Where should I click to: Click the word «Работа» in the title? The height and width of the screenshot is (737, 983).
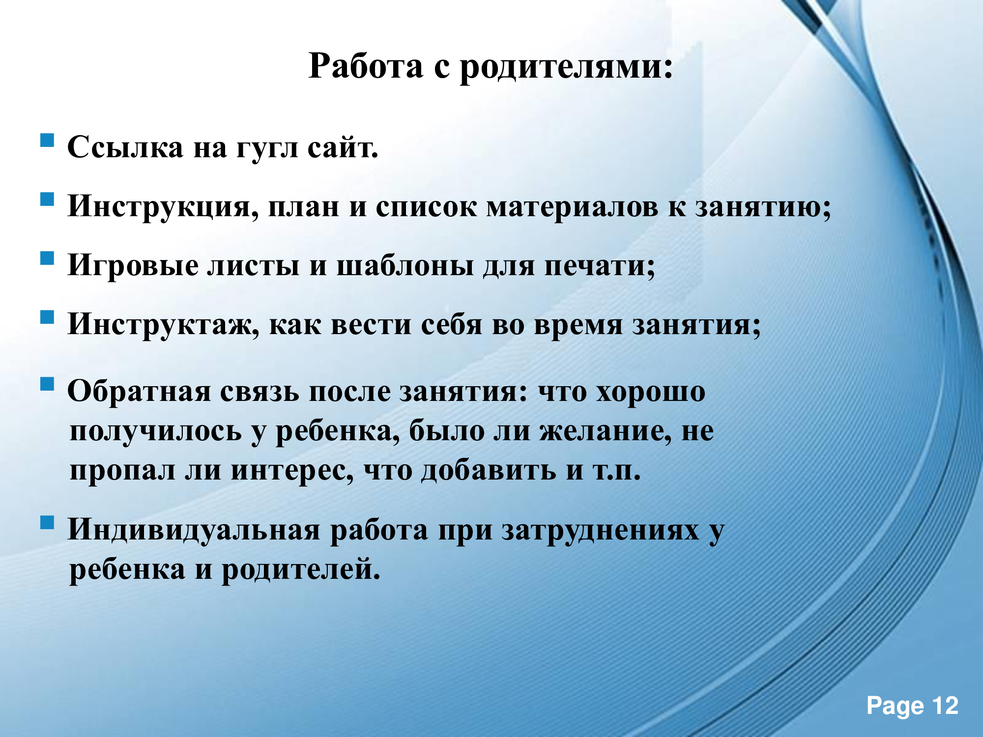pyautogui.click(x=366, y=66)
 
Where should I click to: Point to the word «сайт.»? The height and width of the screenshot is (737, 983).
pyautogui.click(x=343, y=146)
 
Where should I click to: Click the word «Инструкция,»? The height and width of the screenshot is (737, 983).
pyautogui.click(x=163, y=207)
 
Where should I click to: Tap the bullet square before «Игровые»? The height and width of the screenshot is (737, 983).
pyautogui.click(x=47, y=258)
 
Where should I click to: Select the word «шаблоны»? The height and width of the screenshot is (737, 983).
pyautogui.click(x=405, y=265)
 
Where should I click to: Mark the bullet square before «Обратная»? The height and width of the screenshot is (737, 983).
pyautogui.click(x=47, y=384)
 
